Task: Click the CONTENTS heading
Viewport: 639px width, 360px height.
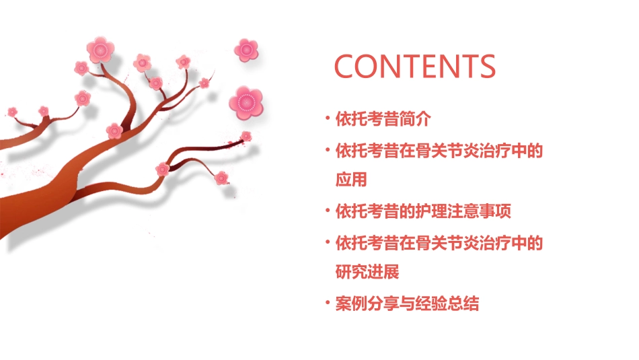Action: click(414, 66)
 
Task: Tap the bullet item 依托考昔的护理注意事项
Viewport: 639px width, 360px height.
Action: click(423, 211)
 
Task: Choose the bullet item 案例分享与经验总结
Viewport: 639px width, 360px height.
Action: click(407, 303)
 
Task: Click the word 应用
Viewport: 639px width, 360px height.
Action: click(351, 180)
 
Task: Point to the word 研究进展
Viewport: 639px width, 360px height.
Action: click(367, 273)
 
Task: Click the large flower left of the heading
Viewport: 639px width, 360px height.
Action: click(246, 102)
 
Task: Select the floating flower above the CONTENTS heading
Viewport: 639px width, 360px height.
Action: click(246, 49)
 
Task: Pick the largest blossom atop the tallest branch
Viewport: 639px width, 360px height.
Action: click(101, 49)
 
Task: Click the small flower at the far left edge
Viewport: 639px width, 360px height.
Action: click(12, 111)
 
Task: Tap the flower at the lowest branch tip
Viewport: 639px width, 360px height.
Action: click(221, 178)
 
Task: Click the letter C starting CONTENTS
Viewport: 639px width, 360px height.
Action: click(346, 66)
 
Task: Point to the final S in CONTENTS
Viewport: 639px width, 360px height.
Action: click(486, 66)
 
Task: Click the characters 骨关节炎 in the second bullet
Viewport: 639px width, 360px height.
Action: click(439, 151)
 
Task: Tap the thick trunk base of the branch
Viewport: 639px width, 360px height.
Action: click(27, 202)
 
